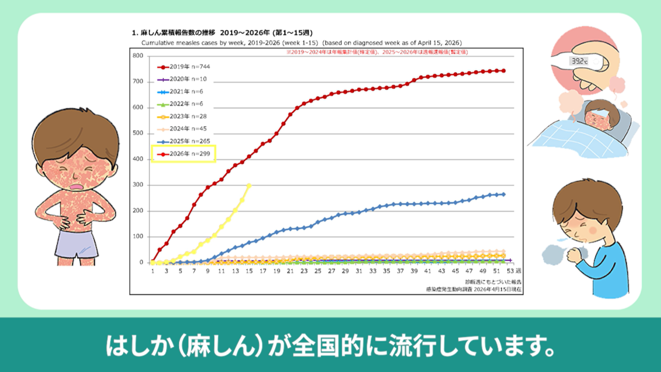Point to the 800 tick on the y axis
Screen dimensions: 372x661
click(137, 56)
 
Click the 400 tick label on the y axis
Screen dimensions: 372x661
click(137, 159)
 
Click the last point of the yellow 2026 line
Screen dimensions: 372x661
click(249, 185)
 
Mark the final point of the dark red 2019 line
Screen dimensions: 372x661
click(503, 71)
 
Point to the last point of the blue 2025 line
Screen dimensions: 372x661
click(503, 194)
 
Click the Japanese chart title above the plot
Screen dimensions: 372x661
click(224, 32)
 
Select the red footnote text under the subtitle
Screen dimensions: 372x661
click(377, 52)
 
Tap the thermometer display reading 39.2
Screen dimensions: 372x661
click(579, 61)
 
